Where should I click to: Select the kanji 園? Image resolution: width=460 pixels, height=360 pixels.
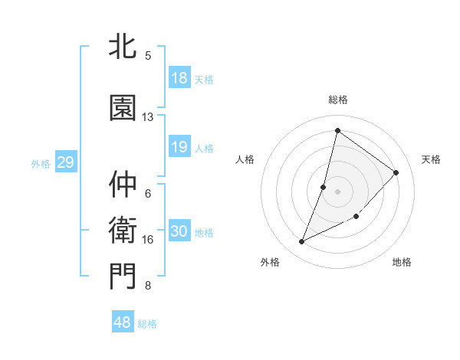tap(123, 108)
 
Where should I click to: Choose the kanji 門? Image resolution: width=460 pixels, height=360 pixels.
tap(123, 277)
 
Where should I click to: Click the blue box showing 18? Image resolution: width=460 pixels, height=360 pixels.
tap(179, 78)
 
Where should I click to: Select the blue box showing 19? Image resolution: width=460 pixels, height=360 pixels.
tap(179, 147)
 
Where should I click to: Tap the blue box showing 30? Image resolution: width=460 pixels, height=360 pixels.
tap(179, 231)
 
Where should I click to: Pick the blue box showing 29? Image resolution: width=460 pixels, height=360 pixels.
tap(65, 162)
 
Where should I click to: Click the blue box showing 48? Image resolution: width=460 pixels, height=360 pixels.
tap(123, 322)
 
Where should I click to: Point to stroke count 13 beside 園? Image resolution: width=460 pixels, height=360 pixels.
tap(148, 117)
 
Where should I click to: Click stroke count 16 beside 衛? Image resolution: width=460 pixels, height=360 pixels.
tap(148, 240)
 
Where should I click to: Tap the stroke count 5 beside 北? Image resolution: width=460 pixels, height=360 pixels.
tap(148, 55)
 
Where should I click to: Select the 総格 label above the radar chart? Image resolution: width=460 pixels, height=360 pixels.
tap(337, 100)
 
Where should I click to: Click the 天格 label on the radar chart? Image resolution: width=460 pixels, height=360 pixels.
tap(431, 159)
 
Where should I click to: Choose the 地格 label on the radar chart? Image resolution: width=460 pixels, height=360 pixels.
tap(402, 262)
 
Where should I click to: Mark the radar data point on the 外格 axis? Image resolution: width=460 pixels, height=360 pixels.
tap(302, 242)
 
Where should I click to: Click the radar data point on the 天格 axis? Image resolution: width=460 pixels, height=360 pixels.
tap(396, 172)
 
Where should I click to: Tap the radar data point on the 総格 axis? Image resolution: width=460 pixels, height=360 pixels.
tap(337, 130)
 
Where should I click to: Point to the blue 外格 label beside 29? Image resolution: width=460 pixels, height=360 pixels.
tap(41, 163)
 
